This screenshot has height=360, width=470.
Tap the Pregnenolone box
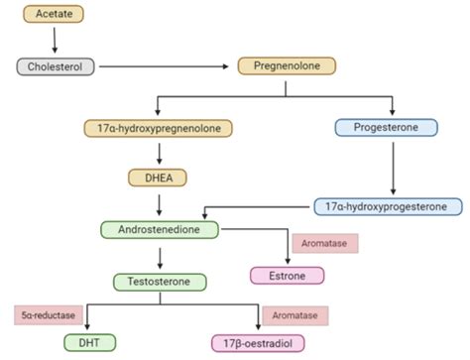pos(287,66)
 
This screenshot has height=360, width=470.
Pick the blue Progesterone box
pos(393,127)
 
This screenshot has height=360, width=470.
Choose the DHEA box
pos(158,178)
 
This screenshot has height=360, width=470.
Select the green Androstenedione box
pos(159,229)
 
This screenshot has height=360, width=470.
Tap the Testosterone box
pos(160,281)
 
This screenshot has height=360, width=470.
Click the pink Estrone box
pos(286,275)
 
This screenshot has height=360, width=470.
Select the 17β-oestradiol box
pos(260,343)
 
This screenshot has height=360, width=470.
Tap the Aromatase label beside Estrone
pos(323,243)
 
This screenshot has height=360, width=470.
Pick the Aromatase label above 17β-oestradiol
pos(294,315)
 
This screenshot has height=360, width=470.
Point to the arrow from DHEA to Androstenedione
pos(158,203)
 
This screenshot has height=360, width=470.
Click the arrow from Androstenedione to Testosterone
pos(159,255)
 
